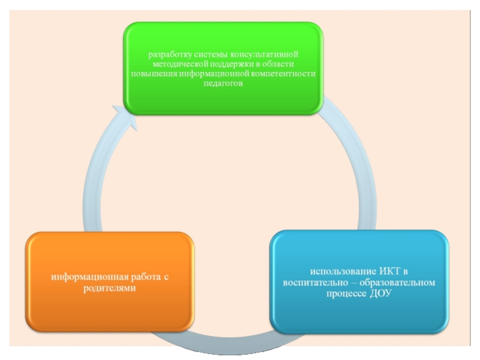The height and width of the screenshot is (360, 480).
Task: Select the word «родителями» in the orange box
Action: pyautogui.click(x=110, y=288)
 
